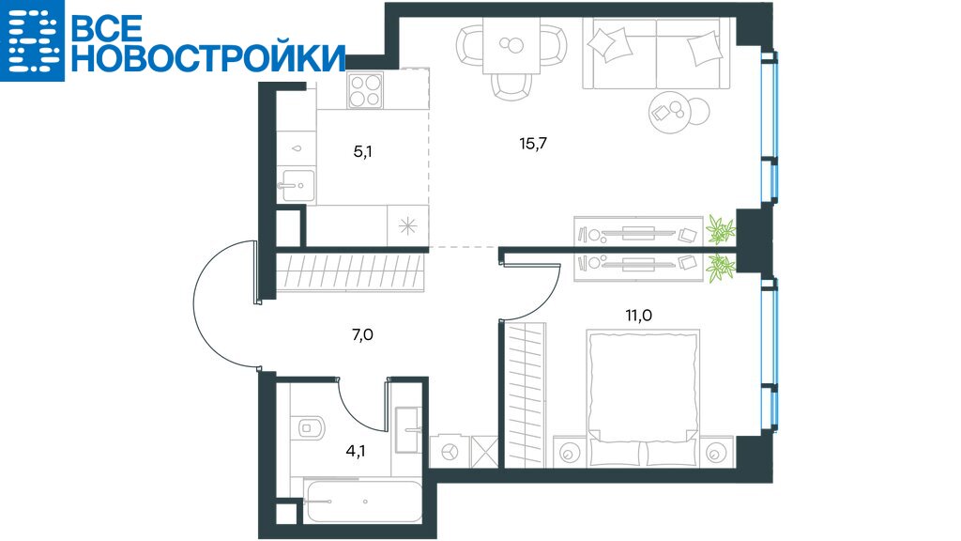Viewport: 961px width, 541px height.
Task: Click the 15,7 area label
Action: tap(533, 144)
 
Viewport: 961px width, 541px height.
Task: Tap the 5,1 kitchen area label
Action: tap(362, 151)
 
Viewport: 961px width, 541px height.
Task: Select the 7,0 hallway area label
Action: tap(363, 335)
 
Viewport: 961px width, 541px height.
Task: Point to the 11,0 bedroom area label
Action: tap(638, 316)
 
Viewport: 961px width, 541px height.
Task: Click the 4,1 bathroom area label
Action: tap(356, 452)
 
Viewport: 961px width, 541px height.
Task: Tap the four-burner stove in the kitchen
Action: tap(365, 90)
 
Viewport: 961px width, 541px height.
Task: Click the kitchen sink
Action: tap(297, 185)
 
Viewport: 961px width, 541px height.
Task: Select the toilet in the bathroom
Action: tap(311, 427)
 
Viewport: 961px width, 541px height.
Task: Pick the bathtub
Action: tap(363, 502)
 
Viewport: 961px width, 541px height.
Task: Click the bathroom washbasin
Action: tap(408, 429)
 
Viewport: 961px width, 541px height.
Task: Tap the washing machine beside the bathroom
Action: tap(450, 452)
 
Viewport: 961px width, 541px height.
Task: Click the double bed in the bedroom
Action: tap(643, 398)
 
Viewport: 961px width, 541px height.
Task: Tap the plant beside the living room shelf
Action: tap(721, 230)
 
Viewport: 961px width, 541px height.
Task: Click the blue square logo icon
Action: tap(32, 40)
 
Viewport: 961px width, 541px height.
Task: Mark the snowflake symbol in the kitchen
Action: tap(407, 226)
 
